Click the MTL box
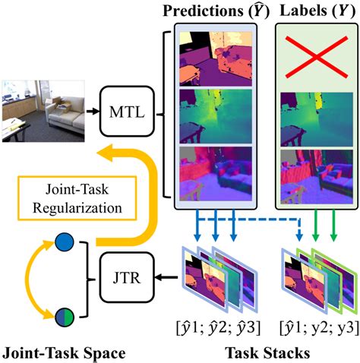[x=127, y=112]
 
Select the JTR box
[x=127, y=277]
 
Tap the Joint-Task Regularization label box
[x=77, y=198]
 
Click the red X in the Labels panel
[x=317, y=57]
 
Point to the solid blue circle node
[x=65, y=242]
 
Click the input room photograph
[x=43, y=111]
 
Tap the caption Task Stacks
[x=267, y=353]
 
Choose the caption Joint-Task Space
[x=64, y=353]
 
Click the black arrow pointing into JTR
[x=166, y=278]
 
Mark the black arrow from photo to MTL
[x=93, y=111]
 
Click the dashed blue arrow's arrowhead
[x=299, y=238]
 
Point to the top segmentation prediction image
[x=216, y=58]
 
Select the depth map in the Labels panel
[x=317, y=119]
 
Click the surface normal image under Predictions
[x=216, y=174]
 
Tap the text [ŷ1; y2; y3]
[x=320, y=328]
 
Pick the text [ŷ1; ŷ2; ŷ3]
[x=218, y=328]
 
